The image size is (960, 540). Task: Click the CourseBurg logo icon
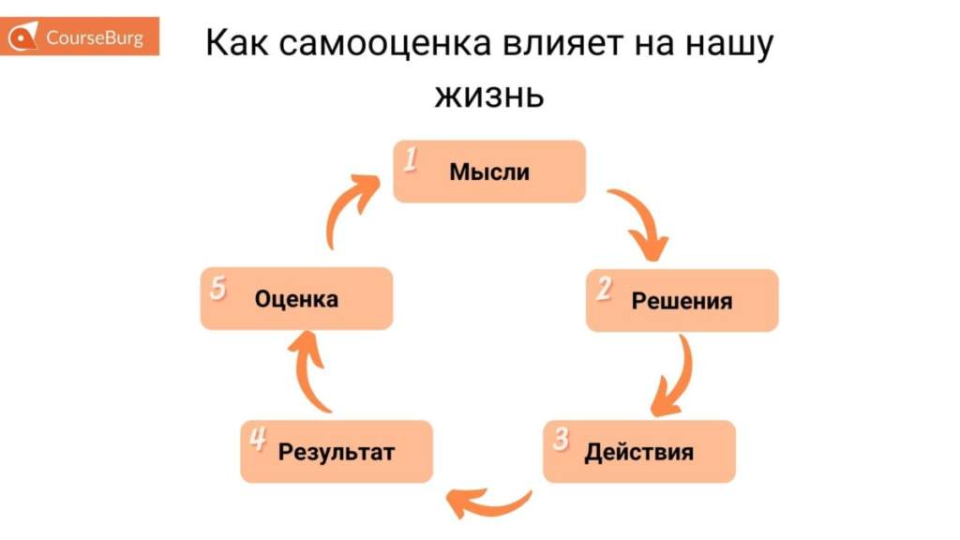click(x=25, y=38)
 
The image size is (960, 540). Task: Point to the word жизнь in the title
click(x=488, y=95)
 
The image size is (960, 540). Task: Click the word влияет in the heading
click(x=579, y=45)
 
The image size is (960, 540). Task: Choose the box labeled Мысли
click(x=489, y=172)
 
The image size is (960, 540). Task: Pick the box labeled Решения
click(x=682, y=301)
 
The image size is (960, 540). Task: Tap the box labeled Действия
click(x=639, y=452)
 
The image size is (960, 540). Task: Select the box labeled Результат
click(x=337, y=452)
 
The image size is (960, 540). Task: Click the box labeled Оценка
click(x=296, y=299)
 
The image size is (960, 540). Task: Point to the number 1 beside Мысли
click(x=410, y=160)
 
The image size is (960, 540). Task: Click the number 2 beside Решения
click(x=604, y=290)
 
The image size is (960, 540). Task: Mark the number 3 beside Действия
click(x=561, y=440)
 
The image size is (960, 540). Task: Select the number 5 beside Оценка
click(x=217, y=288)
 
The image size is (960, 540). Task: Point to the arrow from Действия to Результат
click(x=488, y=502)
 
